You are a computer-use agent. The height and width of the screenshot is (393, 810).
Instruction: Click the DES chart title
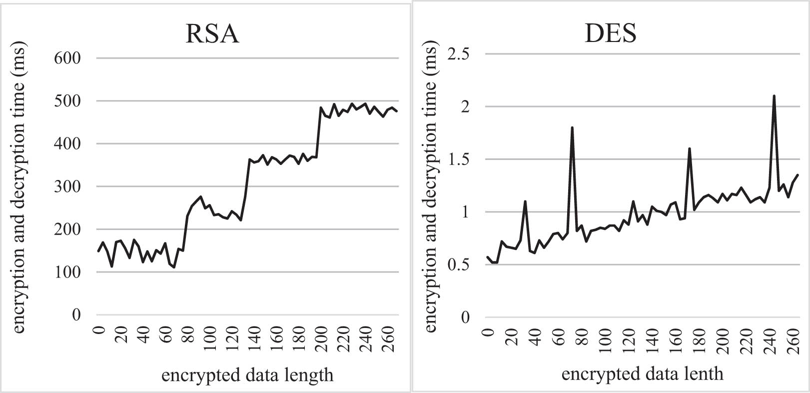tap(610, 33)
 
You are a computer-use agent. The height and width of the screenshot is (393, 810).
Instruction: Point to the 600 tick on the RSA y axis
tap(67, 58)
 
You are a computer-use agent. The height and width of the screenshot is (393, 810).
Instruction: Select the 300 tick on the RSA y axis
tap(67, 186)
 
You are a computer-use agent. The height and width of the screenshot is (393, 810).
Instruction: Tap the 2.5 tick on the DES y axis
tap(458, 54)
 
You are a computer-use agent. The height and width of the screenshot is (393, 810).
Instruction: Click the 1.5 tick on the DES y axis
tap(458, 159)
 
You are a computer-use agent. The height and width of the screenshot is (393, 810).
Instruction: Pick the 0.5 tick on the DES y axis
tap(458, 265)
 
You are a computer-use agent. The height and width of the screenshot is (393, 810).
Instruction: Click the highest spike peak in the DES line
tap(774, 96)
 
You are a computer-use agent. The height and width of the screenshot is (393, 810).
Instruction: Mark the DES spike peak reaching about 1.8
tap(572, 128)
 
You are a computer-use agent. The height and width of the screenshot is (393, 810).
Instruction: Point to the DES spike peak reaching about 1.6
tap(690, 149)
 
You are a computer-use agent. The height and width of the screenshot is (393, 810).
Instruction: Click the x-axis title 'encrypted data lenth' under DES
tap(642, 373)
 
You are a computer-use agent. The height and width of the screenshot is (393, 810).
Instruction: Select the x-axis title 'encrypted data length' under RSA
tap(247, 374)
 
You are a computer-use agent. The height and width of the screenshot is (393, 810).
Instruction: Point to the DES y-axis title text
tap(430, 187)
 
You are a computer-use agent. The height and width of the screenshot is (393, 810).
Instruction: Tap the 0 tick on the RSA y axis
tap(76, 315)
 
